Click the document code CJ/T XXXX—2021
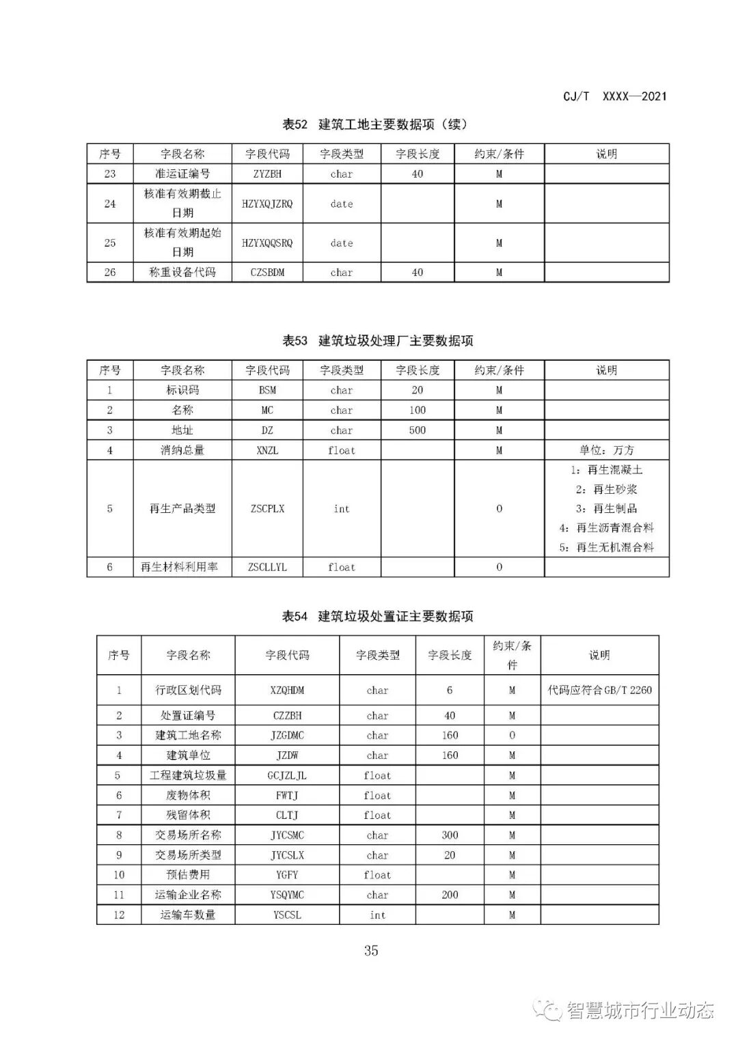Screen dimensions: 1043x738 pos(614,96)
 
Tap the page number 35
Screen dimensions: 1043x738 pos(371,950)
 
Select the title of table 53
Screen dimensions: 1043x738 pos(378,340)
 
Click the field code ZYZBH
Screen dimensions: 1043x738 pos(267,174)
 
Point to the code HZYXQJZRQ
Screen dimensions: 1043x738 pos(267,204)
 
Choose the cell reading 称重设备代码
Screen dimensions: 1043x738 pos(182,272)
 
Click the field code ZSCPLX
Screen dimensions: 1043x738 pos(267,509)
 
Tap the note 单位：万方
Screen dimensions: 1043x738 pos(606,450)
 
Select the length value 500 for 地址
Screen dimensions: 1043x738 pos(417,430)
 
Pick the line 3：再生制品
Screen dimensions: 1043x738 pos(606,508)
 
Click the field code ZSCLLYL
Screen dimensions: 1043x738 pos(267,567)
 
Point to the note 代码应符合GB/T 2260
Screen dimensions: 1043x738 pos(599,690)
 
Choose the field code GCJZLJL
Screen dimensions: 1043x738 pos(287,775)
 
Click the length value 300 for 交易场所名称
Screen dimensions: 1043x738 pos(450,835)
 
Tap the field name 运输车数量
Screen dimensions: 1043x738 pos(188,915)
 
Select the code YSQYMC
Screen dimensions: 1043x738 pos(287,895)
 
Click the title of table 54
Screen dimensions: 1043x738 pos(378,616)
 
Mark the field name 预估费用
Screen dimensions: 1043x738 pos(188,875)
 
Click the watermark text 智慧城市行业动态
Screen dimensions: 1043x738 pos(640,1010)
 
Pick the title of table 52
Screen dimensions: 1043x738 pos(375,124)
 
